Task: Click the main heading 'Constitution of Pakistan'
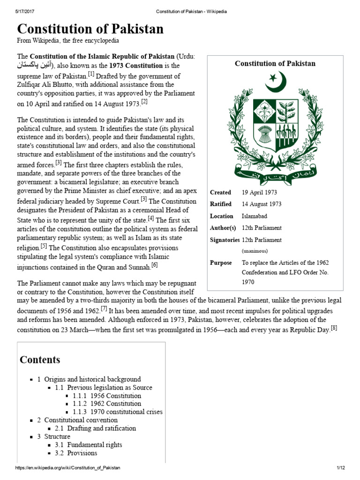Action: [x=90, y=30]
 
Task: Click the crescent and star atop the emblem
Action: [x=276, y=82]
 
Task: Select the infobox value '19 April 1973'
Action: [x=259, y=192]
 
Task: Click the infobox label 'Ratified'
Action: [x=221, y=204]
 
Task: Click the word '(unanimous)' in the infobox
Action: [x=255, y=251]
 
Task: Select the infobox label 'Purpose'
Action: [x=221, y=262]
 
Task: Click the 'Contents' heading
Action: [x=40, y=360]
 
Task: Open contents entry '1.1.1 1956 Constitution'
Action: [x=107, y=396]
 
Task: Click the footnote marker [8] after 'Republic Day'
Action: [x=334, y=328]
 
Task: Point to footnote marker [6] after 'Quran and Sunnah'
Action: [x=154, y=265]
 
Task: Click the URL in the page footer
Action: [x=68, y=468]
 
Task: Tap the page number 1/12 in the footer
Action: [x=340, y=468]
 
